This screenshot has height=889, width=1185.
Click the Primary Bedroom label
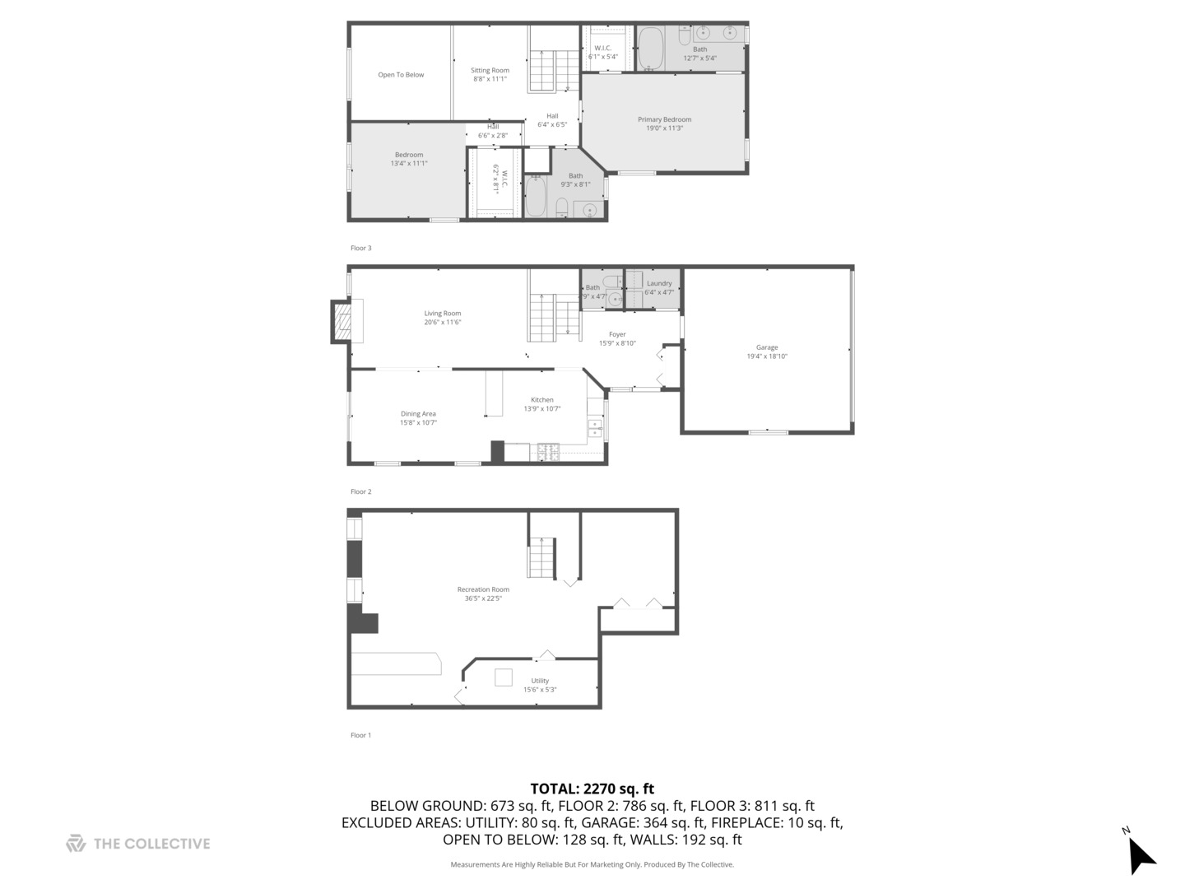click(664, 119)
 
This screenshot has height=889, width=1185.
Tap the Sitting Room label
click(490, 71)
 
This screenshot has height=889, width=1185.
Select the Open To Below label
click(401, 75)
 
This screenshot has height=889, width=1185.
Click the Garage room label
click(767, 347)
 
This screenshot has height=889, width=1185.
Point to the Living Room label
click(443, 314)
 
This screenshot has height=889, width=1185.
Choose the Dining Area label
click(418, 414)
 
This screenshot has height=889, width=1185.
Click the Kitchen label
click(542, 400)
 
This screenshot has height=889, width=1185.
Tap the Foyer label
click(617, 334)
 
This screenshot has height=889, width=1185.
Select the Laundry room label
click(659, 283)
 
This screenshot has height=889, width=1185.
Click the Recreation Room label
click(483, 589)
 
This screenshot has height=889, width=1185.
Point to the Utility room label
click(540, 681)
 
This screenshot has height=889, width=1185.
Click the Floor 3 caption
click(361, 248)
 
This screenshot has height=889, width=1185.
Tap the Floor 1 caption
click(361, 735)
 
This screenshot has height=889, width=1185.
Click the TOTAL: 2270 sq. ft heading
click(592, 789)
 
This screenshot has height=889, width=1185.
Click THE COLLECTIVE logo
click(138, 844)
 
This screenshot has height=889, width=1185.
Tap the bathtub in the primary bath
click(651, 49)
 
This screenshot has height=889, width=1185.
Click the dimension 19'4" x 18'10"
click(767, 356)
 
